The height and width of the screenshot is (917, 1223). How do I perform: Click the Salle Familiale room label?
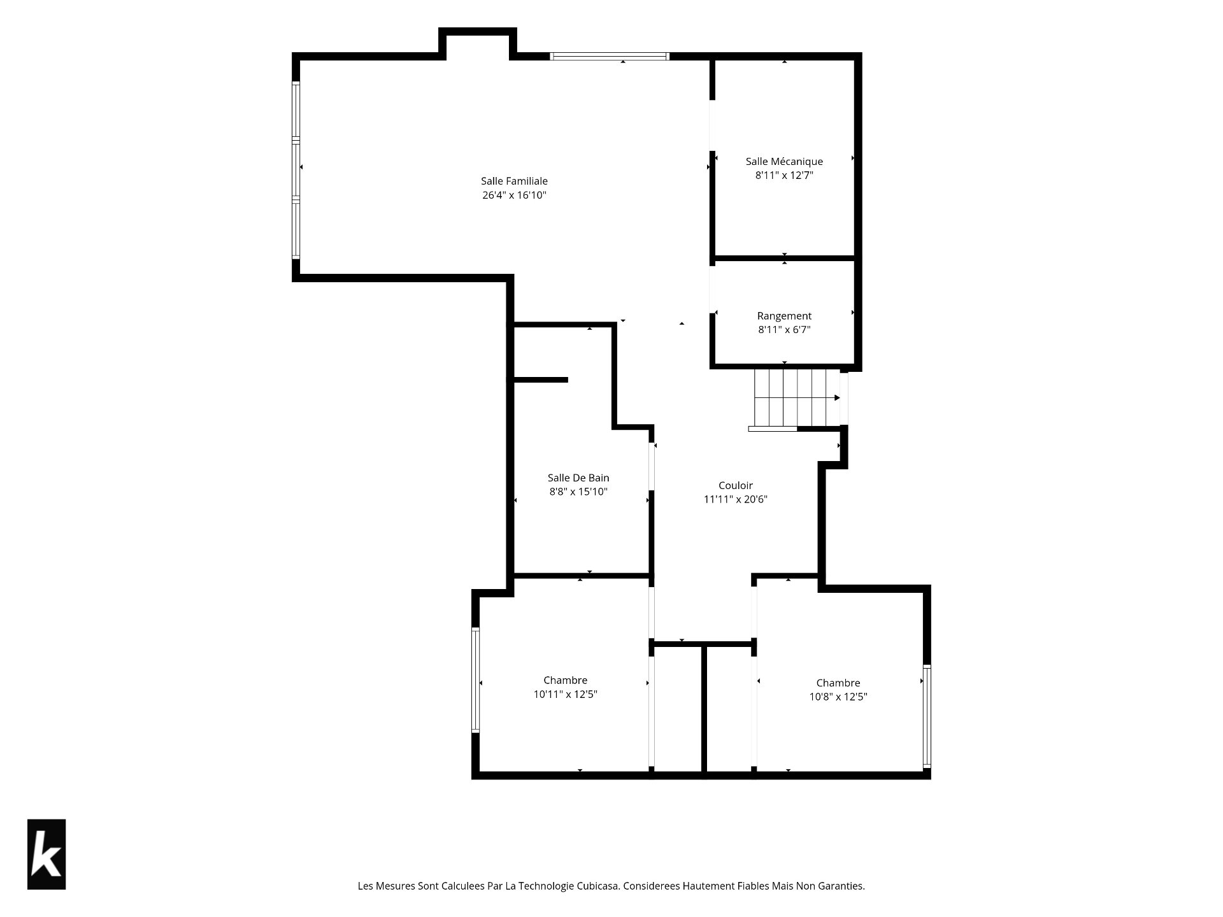click(514, 181)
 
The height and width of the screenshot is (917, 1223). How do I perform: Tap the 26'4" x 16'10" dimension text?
click(514, 195)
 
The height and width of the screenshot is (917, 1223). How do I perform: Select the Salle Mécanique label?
click(784, 162)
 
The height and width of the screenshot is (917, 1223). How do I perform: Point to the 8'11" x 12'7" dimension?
click(784, 176)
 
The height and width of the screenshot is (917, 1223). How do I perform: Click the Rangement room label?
click(784, 316)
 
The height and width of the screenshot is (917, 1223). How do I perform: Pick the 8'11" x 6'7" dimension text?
click(784, 330)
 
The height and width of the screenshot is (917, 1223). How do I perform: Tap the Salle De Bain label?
click(578, 478)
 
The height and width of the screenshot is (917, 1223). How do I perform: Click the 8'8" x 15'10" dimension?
click(578, 492)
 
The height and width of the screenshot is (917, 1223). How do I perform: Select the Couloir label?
click(736, 485)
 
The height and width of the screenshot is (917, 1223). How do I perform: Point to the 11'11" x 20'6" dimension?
click(736, 499)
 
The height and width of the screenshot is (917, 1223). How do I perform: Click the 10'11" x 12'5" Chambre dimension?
click(566, 694)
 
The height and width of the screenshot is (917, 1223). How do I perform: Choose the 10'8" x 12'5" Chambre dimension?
click(838, 697)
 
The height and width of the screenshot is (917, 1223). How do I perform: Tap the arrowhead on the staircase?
click(837, 398)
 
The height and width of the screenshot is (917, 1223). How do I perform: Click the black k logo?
click(46, 854)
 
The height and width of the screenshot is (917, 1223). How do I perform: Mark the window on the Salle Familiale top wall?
click(610, 56)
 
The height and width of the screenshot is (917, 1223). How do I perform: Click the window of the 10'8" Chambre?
click(927, 716)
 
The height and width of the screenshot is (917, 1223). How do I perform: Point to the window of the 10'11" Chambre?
click(475, 680)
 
